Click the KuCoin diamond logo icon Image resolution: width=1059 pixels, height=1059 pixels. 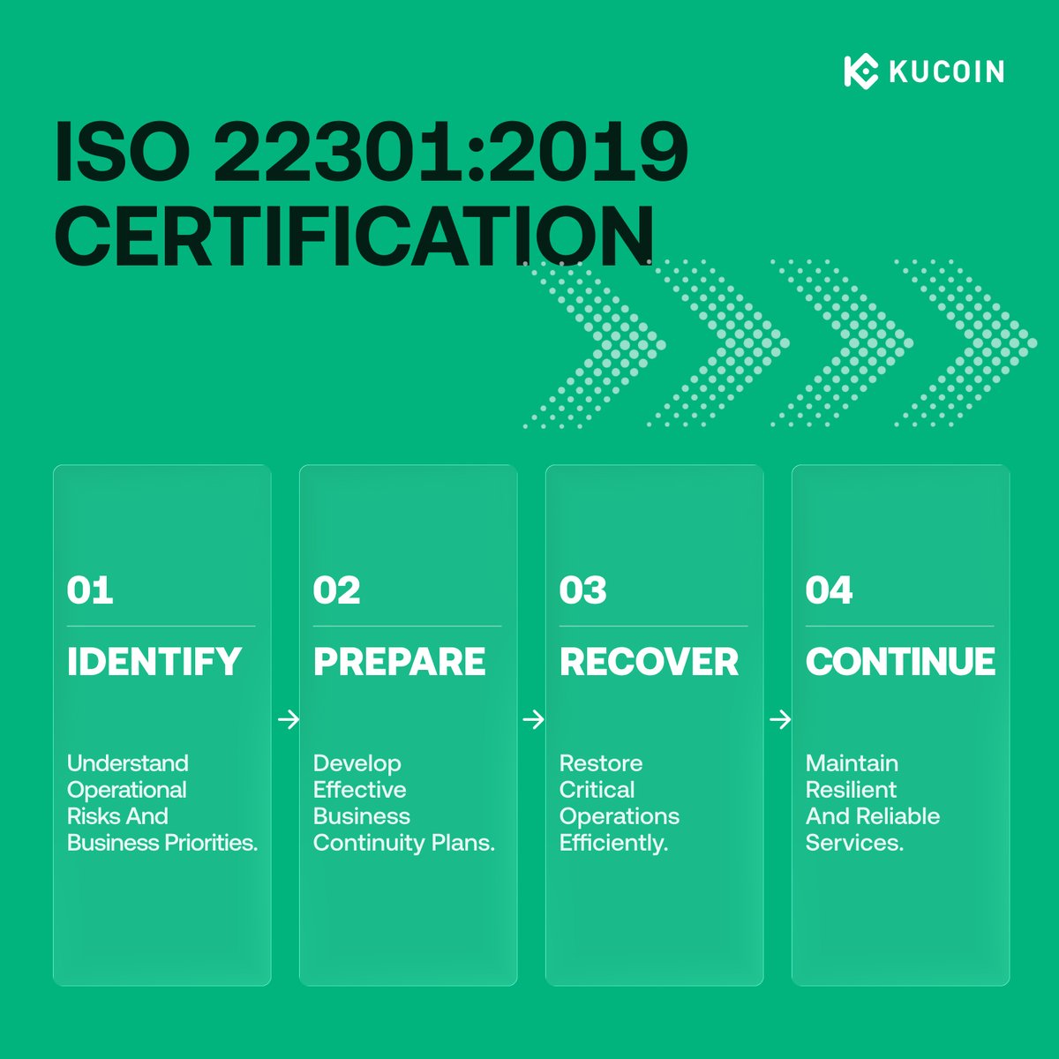pos(860,71)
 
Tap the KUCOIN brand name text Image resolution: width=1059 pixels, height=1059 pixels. pos(946,71)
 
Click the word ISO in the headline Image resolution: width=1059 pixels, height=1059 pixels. pos(123,151)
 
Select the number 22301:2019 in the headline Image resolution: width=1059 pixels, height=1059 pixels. pos(451,151)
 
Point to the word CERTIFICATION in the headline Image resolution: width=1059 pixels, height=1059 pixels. pos(355,236)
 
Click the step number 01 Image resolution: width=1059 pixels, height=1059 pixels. pos(90,590)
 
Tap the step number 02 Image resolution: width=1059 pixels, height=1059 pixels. pos(336,590)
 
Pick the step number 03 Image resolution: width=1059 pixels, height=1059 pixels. pos(582,590)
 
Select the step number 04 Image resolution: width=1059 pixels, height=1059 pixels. pos(829,590)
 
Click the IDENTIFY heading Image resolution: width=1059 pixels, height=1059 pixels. pos(154,661)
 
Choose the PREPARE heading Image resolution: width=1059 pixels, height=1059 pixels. pos(400,661)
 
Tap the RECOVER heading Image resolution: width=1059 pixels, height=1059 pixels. pos(649,661)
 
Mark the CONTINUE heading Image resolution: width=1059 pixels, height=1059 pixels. pos(900,661)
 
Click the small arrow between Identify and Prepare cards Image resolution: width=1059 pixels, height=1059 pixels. pos(289,719)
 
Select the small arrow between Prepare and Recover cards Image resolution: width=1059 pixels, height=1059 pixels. pos(533,719)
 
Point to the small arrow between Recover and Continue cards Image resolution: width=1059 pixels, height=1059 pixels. pos(780,719)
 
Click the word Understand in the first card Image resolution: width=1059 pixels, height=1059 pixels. pos(127,762)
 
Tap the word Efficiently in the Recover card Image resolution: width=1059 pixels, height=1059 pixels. pos(613,843)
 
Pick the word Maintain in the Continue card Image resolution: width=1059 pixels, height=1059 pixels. pos(852,762)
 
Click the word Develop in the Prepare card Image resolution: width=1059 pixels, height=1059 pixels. pos(357,764)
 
